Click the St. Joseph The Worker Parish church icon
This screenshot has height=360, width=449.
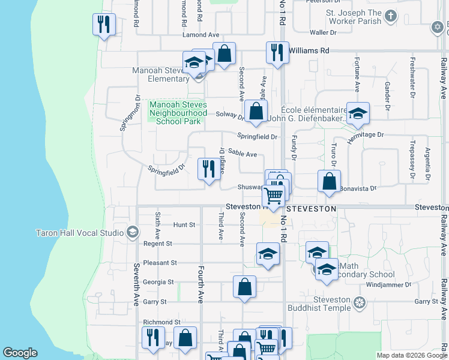click(391, 16)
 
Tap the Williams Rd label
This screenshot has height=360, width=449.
click(309, 51)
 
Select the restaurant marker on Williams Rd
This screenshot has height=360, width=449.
click(277, 52)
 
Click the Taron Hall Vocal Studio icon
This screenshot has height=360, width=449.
click(132, 232)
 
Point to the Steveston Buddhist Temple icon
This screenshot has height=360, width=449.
click(360, 301)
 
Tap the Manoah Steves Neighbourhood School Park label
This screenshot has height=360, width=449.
click(178, 113)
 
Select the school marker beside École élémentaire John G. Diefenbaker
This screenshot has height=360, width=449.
click(358, 114)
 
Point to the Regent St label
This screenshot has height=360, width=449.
click(158, 244)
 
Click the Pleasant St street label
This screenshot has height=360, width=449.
click(161, 263)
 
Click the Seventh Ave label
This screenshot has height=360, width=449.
click(137, 282)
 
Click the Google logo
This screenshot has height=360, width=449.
click(20, 353)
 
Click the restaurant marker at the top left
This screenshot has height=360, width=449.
click(104, 25)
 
